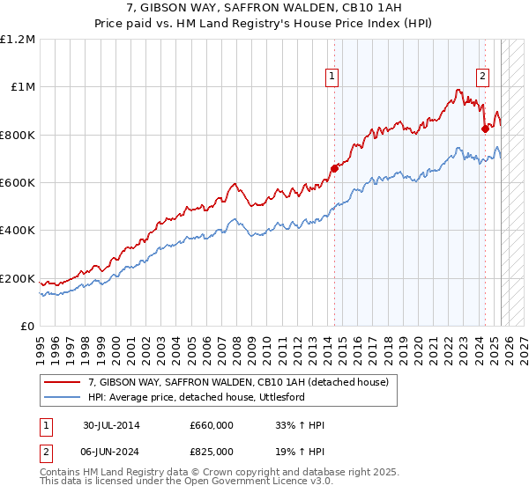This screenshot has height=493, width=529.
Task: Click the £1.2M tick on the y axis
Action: click(17, 40)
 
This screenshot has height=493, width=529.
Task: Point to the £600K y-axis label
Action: click(17, 183)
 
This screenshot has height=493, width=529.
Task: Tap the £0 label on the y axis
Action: click(27, 327)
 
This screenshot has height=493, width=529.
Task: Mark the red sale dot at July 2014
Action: click(334, 168)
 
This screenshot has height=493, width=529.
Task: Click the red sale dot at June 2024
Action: click(484, 129)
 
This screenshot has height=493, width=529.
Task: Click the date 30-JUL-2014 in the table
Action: click(111, 425)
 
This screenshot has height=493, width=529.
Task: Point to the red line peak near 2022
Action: click(458, 90)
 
